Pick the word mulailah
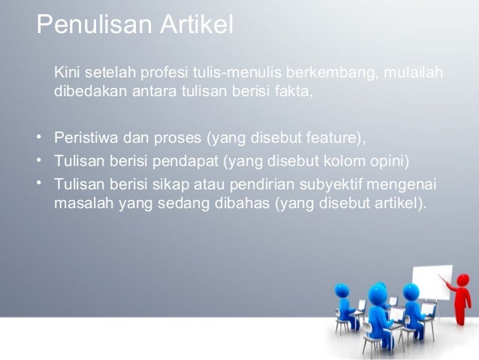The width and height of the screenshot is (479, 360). point(413,74)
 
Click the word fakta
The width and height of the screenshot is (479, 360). point(294,92)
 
